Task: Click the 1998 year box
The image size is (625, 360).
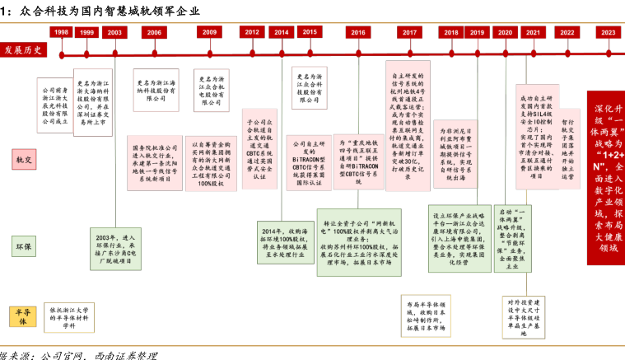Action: pyautogui.click(x=61, y=31)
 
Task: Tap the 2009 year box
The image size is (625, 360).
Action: pyautogui.click(x=209, y=32)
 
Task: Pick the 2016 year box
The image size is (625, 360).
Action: pyautogui.click(x=358, y=32)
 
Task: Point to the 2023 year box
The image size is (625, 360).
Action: pyautogui.click(x=608, y=32)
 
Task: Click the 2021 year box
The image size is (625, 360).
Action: pyautogui.click(x=533, y=32)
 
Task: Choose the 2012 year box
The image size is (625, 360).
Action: pyautogui.click(x=252, y=31)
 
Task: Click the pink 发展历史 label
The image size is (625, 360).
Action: pyautogui.click(x=23, y=49)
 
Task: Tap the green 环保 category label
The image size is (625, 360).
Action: pyautogui.click(x=23, y=245)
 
